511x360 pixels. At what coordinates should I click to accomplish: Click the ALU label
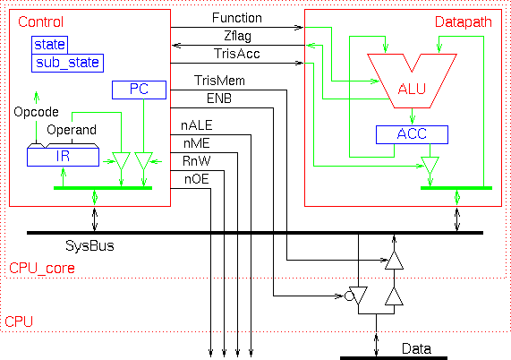(x=412, y=89)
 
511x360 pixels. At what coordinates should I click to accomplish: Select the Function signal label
(x=237, y=18)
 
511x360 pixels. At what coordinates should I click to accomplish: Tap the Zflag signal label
(x=237, y=36)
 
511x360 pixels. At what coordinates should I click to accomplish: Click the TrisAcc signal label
(x=237, y=54)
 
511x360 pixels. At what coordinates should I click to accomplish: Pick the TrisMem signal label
(x=219, y=81)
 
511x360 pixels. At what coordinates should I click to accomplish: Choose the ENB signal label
(x=219, y=99)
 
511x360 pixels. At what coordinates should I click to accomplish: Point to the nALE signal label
(x=197, y=125)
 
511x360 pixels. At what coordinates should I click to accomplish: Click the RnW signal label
(x=197, y=161)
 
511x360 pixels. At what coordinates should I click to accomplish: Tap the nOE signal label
(x=197, y=179)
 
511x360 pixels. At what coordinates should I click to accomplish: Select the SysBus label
(x=89, y=246)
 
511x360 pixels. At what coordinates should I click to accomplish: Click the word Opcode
(x=36, y=113)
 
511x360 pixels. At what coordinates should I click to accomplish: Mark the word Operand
(x=72, y=131)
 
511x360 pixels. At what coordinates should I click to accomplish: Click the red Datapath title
(x=463, y=22)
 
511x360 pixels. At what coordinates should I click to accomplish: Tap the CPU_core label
(x=42, y=269)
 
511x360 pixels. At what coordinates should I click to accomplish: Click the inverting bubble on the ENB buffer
(x=349, y=296)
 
